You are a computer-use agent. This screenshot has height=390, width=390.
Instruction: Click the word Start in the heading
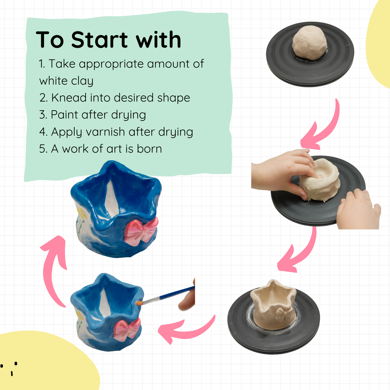(99, 40)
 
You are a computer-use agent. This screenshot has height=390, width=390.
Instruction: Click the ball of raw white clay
(310, 43)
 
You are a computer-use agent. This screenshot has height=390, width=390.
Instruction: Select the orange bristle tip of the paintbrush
(139, 303)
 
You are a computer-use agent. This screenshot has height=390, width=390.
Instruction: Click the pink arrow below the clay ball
(322, 127)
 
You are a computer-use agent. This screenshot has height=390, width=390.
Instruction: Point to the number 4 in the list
(43, 132)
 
